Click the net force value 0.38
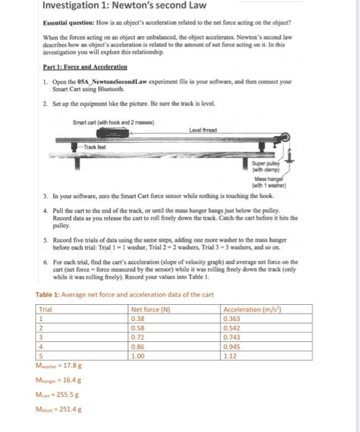(138, 319)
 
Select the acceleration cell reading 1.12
(230, 356)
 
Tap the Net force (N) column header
(151, 309)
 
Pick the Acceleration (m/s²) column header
(252, 309)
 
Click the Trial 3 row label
(41, 337)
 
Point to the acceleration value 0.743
(232, 337)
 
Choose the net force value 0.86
(138, 347)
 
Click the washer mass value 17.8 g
(72, 365)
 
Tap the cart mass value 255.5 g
(67, 394)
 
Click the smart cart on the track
(113, 133)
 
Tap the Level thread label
(203, 130)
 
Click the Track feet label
(94, 147)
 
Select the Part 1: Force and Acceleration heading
(85, 67)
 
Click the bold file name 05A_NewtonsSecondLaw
(112, 82)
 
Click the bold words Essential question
(69, 23)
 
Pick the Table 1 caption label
(48, 294)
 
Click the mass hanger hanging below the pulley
(290, 156)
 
